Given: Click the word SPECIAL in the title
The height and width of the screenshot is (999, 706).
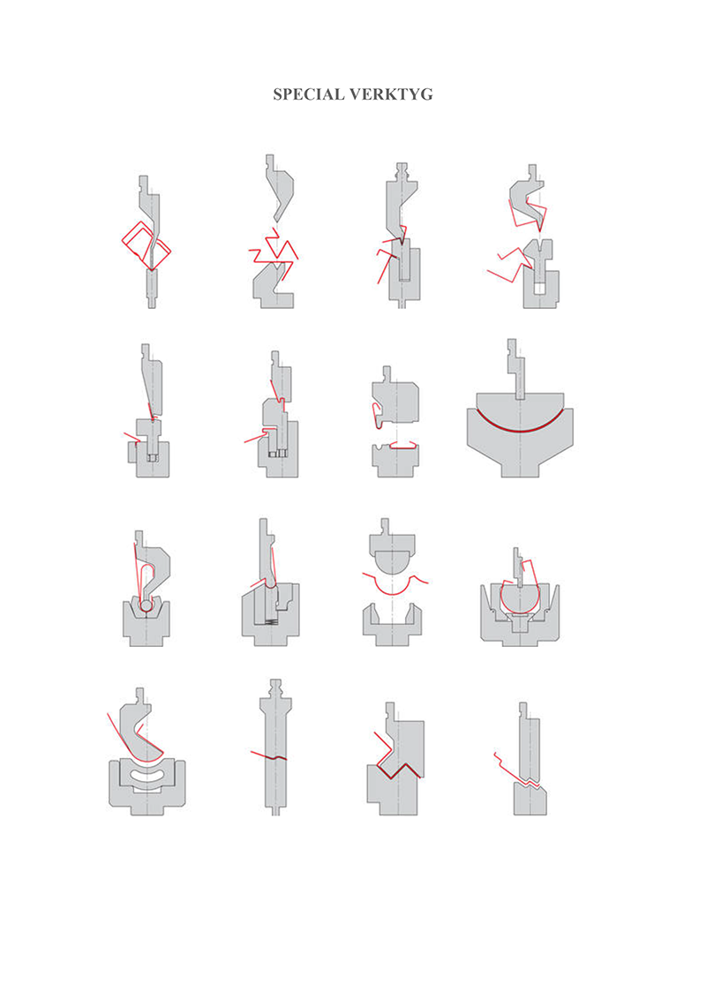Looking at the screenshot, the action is coord(307,94).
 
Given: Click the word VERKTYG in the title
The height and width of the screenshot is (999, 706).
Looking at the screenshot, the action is coord(390,94).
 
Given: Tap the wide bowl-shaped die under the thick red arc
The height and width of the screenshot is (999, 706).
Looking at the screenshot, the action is coord(520,446).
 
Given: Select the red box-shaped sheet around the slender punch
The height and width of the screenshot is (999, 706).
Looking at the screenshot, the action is coord(146,246).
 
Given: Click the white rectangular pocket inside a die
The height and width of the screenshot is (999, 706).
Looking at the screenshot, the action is coord(539,288).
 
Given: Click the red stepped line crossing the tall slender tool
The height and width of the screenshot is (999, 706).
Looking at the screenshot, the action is coord(269,756).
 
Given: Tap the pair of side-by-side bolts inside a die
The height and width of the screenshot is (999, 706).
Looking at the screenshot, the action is coord(279,454).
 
